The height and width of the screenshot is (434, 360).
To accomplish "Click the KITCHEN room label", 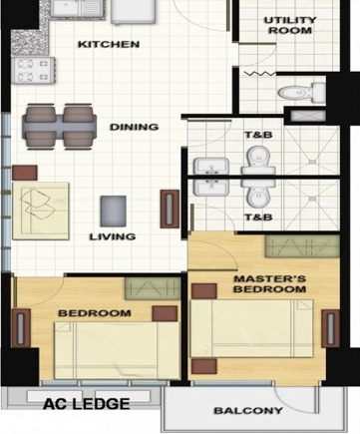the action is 109,44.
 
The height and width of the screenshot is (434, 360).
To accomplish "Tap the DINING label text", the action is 134,127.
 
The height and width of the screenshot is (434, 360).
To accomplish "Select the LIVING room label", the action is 113,236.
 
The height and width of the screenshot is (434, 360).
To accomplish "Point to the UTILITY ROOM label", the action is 290,25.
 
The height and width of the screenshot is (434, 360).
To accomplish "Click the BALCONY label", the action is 248,411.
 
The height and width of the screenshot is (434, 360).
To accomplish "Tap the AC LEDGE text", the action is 87,404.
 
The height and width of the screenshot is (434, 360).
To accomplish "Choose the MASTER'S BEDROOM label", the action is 269,284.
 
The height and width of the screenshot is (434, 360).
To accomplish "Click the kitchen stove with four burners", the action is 33,70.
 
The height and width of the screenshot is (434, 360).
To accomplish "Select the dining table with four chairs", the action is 60,126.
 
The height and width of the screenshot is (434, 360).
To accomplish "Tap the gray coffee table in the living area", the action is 114,211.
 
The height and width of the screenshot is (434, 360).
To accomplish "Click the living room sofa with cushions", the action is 41,211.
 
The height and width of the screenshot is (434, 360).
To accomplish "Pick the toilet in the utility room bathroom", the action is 301,92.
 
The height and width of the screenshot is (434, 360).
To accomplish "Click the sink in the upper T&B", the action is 211,167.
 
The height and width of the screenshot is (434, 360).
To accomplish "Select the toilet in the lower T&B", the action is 258,193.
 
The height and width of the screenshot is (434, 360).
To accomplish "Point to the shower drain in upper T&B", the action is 312,162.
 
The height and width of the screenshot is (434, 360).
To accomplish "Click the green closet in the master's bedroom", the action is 302,246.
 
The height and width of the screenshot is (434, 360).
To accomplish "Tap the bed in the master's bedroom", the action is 251,328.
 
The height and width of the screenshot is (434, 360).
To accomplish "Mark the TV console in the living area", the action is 170,209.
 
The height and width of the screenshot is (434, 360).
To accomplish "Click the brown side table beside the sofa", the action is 25,173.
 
